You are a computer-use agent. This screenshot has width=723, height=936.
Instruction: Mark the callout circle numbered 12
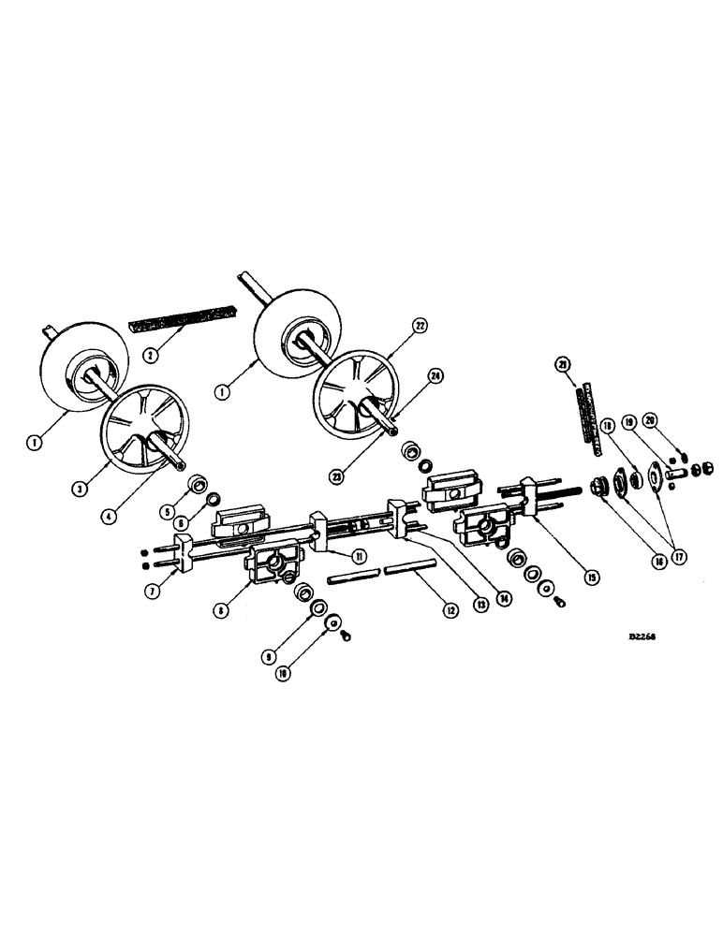coord(450,610)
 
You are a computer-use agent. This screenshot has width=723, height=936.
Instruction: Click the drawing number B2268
coord(642,634)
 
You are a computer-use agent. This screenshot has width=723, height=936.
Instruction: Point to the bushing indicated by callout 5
coord(198,484)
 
